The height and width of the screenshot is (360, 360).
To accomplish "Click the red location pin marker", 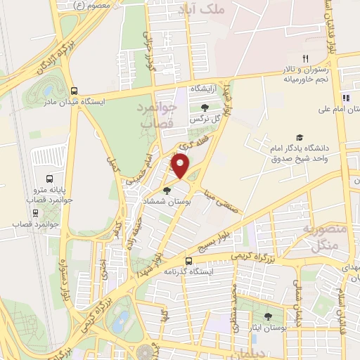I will click(181, 167).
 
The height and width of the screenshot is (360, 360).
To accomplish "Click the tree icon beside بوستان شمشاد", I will click(167, 190).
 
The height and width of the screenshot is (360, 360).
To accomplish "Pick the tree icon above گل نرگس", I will click(204, 108).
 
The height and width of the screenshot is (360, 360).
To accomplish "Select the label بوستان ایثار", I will click(268, 328).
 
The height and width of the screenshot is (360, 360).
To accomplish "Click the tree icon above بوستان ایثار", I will click(268, 317).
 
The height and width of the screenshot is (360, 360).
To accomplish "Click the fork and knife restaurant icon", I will click(304, 58).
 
